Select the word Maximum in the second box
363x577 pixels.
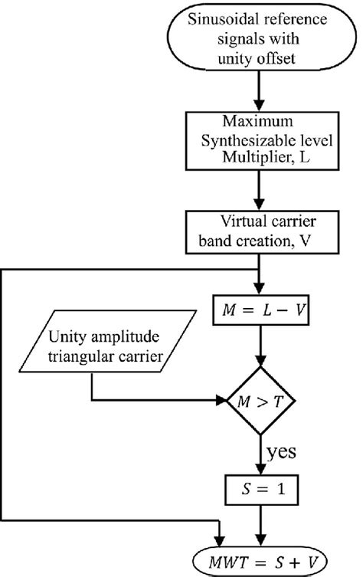261,123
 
